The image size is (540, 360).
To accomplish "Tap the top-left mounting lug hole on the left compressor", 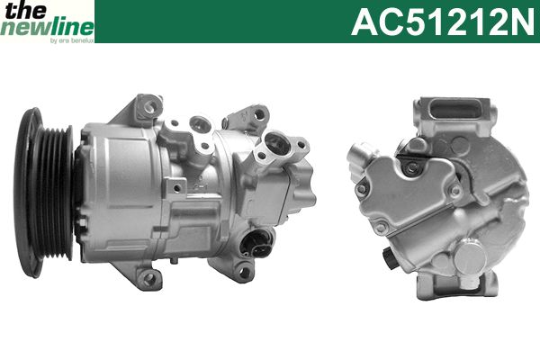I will pyautogui.click(x=148, y=108).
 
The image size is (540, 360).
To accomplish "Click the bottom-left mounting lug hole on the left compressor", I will pyautogui.click(x=148, y=278).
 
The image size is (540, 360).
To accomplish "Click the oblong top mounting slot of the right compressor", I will pyautogui.click(x=456, y=110).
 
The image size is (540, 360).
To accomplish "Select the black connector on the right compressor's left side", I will pyautogui.click(x=389, y=260).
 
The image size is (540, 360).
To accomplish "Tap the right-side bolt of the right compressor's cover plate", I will pyautogui.click(x=456, y=190).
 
